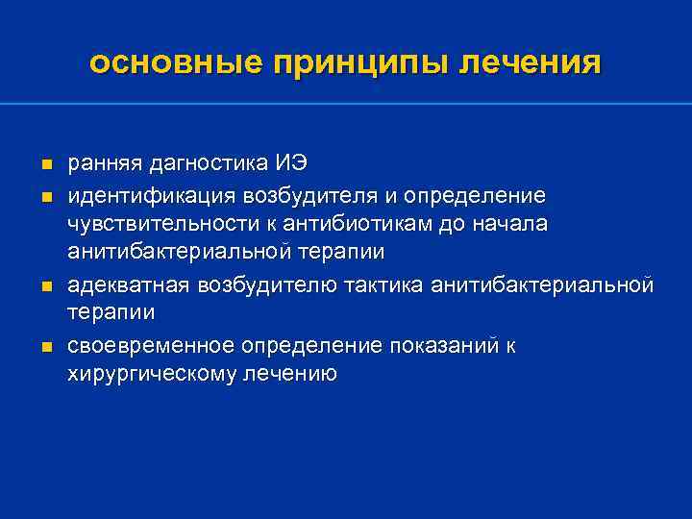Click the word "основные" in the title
pos(174,62)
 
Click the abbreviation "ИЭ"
pos(291,166)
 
